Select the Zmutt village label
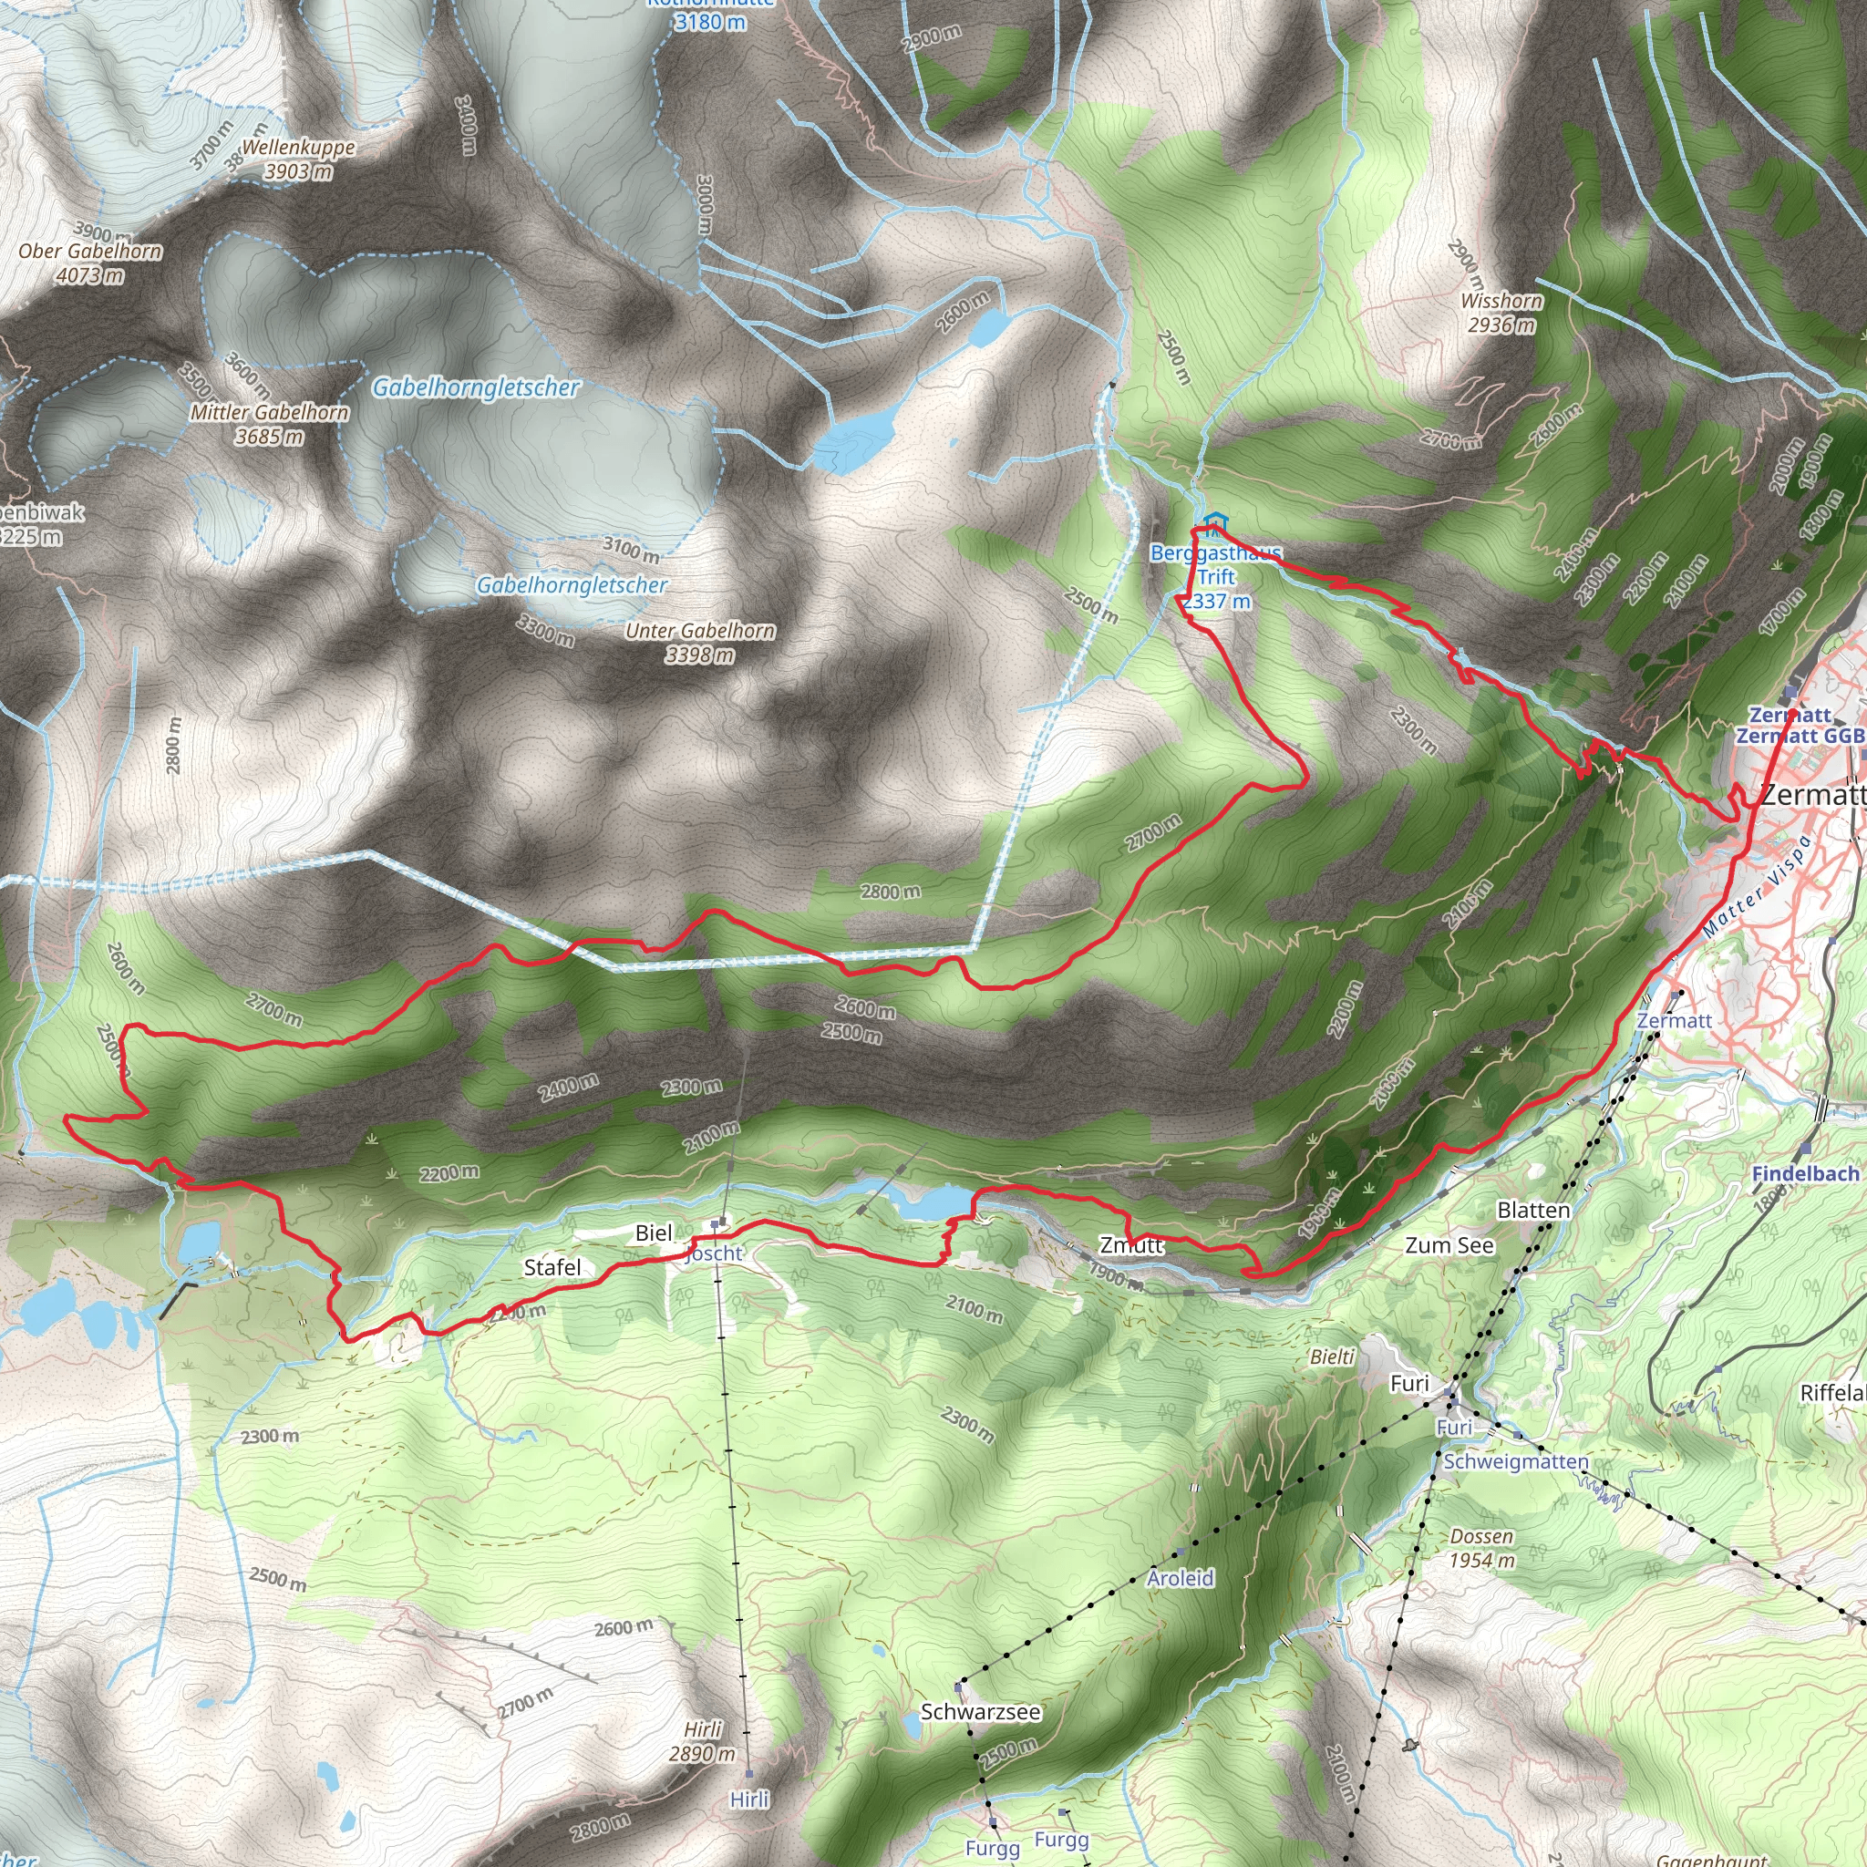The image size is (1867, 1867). pyautogui.click(x=1130, y=1244)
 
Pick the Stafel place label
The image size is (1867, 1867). pyautogui.click(x=552, y=1267)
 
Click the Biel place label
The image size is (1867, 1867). pyautogui.click(x=654, y=1233)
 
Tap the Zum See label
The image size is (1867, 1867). pyautogui.click(x=1449, y=1244)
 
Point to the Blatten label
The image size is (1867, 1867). pyautogui.click(x=1533, y=1210)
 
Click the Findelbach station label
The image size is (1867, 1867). pyautogui.click(x=1805, y=1173)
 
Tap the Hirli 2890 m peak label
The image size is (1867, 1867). pyautogui.click(x=703, y=1742)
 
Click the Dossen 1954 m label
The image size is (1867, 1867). pyautogui.click(x=1481, y=1549)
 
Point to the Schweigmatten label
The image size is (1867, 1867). pyautogui.click(x=1515, y=1461)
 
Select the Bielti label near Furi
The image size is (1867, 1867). pyautogui.click(x=1333, y=1357)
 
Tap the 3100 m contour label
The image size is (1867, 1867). pyautogui.click(x=631, y=550)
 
